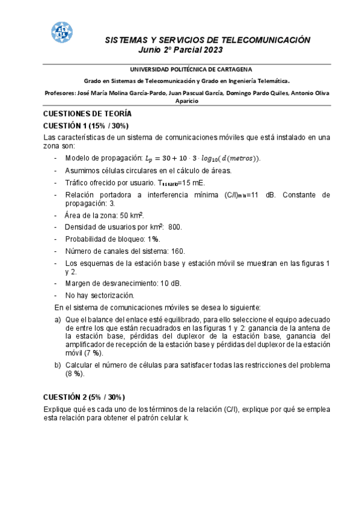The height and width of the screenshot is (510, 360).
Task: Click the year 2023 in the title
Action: coord(213,49)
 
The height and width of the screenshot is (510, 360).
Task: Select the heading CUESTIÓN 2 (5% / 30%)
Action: coord(84,397)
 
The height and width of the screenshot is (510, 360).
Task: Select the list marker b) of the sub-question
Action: coord(58,365)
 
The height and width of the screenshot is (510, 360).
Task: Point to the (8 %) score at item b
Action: coord(75,373)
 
